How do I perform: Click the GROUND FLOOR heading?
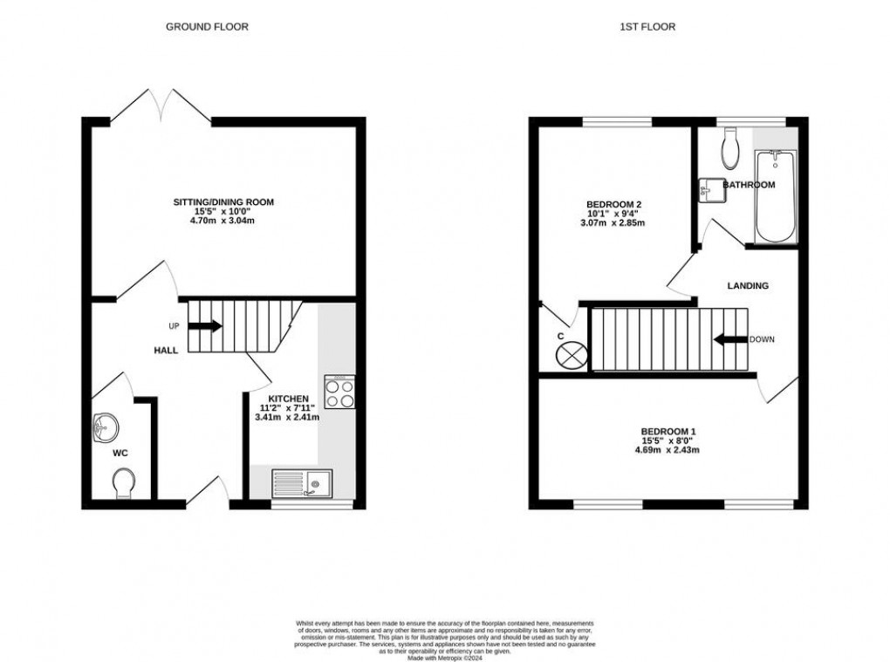click(x=207, y=27)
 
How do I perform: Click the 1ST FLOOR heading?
click(x=647, y=27)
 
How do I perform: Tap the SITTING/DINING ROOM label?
click(x=223, y=202)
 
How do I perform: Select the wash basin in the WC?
click(x=105, y=427)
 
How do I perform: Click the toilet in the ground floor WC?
click(x=123, y=482)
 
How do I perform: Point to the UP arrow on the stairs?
click(x=204, y=326)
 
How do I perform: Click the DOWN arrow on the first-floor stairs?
click(x=729, y=339)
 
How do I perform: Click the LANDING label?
click(x=749, y=285)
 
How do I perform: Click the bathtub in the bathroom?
click(x=774, y=197)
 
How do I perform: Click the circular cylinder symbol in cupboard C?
click(x=571, y=354)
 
